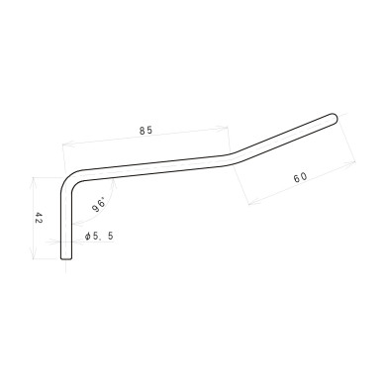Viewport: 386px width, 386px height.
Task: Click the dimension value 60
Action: coord(300,177)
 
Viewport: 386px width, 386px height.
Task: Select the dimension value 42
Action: coord(38,219)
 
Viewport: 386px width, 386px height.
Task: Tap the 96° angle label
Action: coord(99,206)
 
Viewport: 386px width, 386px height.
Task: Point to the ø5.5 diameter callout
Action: coord(106,237)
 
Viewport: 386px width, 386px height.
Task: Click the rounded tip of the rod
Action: coord(335,118)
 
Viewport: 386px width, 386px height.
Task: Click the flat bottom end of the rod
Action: coord(66,259)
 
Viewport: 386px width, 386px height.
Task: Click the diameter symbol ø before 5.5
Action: coord(90,237)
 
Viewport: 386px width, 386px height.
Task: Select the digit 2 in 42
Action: coord(38,215)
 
